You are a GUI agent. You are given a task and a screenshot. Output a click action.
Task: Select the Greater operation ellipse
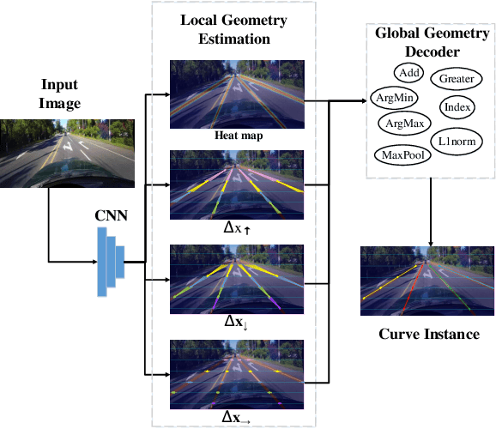pos(457,79)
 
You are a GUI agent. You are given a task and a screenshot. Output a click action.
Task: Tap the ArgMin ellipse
pos(392,98)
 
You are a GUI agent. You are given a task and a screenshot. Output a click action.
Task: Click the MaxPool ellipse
pos(400,154)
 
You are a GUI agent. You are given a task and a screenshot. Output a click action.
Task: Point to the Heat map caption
pos(236,135)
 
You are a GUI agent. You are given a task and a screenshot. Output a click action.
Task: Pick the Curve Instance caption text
pos(428,334)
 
